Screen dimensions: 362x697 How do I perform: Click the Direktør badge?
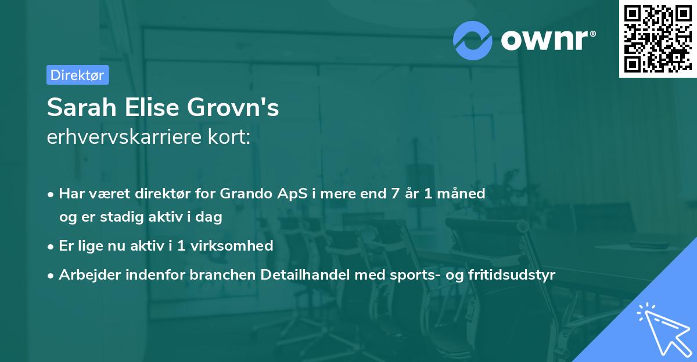(x=77, y=75)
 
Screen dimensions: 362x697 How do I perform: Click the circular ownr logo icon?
(x=473, y=41)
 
